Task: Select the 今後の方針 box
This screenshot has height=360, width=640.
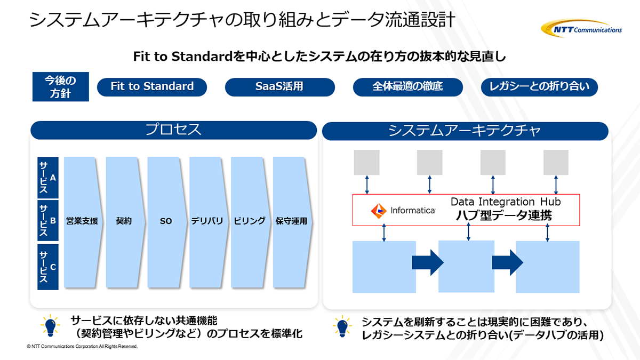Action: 59,87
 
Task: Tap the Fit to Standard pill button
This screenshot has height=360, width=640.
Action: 152,87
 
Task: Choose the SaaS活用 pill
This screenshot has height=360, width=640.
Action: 279,87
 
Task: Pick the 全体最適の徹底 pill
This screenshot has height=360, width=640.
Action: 407,87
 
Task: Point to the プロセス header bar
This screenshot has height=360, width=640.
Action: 174,130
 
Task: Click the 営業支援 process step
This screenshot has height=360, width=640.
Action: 82,221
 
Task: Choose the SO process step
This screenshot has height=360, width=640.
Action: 165,221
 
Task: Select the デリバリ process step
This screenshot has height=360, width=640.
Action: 207,221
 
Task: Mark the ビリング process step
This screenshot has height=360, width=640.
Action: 249,221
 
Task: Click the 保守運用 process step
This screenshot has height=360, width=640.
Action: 291,221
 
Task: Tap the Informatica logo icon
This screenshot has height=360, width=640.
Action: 379,211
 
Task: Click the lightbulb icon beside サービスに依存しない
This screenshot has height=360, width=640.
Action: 50,325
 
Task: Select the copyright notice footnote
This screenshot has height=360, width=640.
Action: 82,347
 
